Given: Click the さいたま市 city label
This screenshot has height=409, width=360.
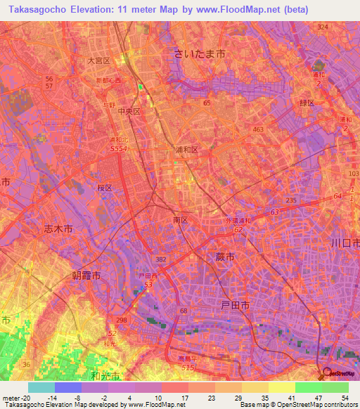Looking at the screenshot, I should pos(200,53).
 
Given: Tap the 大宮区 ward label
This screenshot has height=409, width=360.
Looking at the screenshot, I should pos(98,61).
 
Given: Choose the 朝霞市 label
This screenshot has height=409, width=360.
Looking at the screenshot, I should pos(86,276).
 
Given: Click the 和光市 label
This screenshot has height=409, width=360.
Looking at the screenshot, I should pos(105,377).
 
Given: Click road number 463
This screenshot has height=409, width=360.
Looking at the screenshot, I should pos(258,130).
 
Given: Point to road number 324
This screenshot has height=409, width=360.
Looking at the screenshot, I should pos(323,27).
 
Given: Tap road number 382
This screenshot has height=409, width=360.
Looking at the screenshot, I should pos(160,259).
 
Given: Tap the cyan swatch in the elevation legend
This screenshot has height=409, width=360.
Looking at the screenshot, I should pos(41,387).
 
